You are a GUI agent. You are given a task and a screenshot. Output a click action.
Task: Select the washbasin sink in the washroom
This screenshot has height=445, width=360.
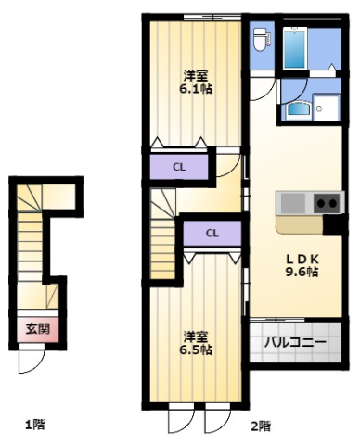point(298,111)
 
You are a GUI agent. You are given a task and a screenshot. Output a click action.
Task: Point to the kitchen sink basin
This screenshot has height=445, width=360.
point(292,203)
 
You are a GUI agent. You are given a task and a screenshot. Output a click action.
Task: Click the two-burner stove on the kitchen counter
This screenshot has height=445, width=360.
point(328,203)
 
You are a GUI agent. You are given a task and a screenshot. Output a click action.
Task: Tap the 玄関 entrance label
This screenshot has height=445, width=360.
point(37,328)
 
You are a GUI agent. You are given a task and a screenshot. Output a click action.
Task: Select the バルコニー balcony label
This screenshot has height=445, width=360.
point(295,342)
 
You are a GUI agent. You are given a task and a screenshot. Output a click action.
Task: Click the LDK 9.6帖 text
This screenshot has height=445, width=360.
point(302,265)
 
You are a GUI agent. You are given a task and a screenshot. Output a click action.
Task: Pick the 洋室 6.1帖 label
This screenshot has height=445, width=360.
point(196,83)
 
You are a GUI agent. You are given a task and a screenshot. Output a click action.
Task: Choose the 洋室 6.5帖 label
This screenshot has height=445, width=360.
point(196,343)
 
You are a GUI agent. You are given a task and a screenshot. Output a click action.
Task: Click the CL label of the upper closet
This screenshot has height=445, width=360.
point(179,167)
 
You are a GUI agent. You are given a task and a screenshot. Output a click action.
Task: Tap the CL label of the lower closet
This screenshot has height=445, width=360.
point(212,233)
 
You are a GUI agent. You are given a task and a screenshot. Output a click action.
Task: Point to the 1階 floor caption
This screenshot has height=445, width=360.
point(35,425)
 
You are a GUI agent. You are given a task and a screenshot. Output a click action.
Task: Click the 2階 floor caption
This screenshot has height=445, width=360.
point(260,426)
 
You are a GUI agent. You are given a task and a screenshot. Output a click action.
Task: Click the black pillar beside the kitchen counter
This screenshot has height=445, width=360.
point(333,224)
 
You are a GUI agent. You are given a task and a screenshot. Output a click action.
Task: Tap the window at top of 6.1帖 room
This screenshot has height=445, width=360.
point(212,18)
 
